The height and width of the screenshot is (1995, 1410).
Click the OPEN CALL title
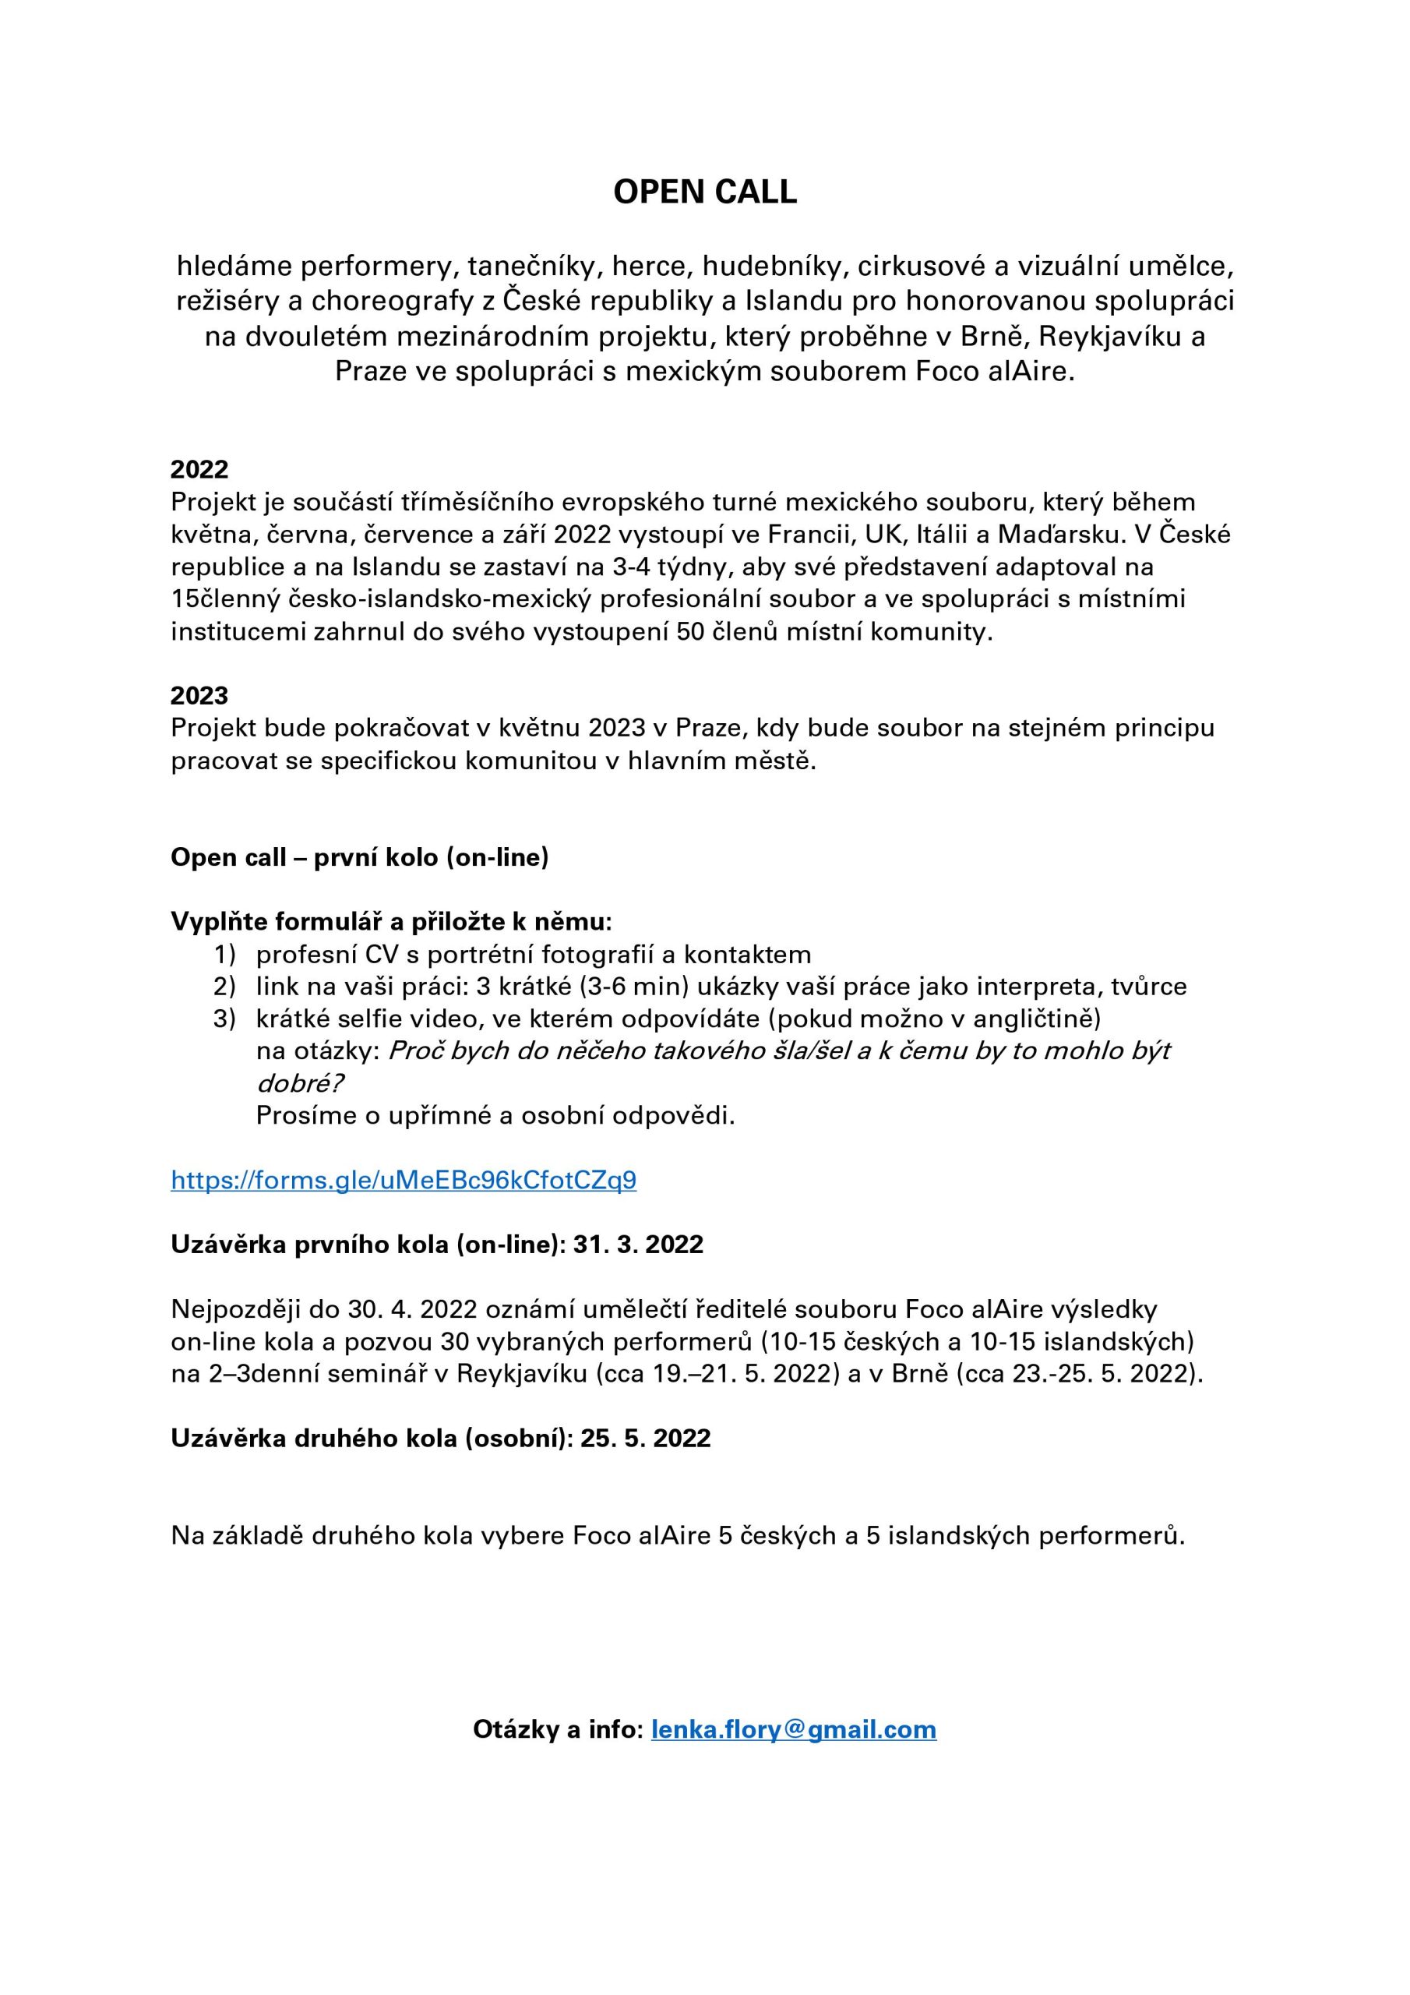(704, 192)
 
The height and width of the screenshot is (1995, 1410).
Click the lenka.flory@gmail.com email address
(793, 1729)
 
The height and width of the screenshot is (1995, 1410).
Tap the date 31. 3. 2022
(638, 1245)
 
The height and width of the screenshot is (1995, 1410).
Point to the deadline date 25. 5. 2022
(646, 1438)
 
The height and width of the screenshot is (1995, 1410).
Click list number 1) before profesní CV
(224, 955)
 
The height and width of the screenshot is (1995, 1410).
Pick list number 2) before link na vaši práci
(224, 987)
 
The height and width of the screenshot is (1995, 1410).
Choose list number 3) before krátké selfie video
(224, 1019)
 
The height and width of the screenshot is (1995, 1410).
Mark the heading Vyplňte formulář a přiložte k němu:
(391, 921)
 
